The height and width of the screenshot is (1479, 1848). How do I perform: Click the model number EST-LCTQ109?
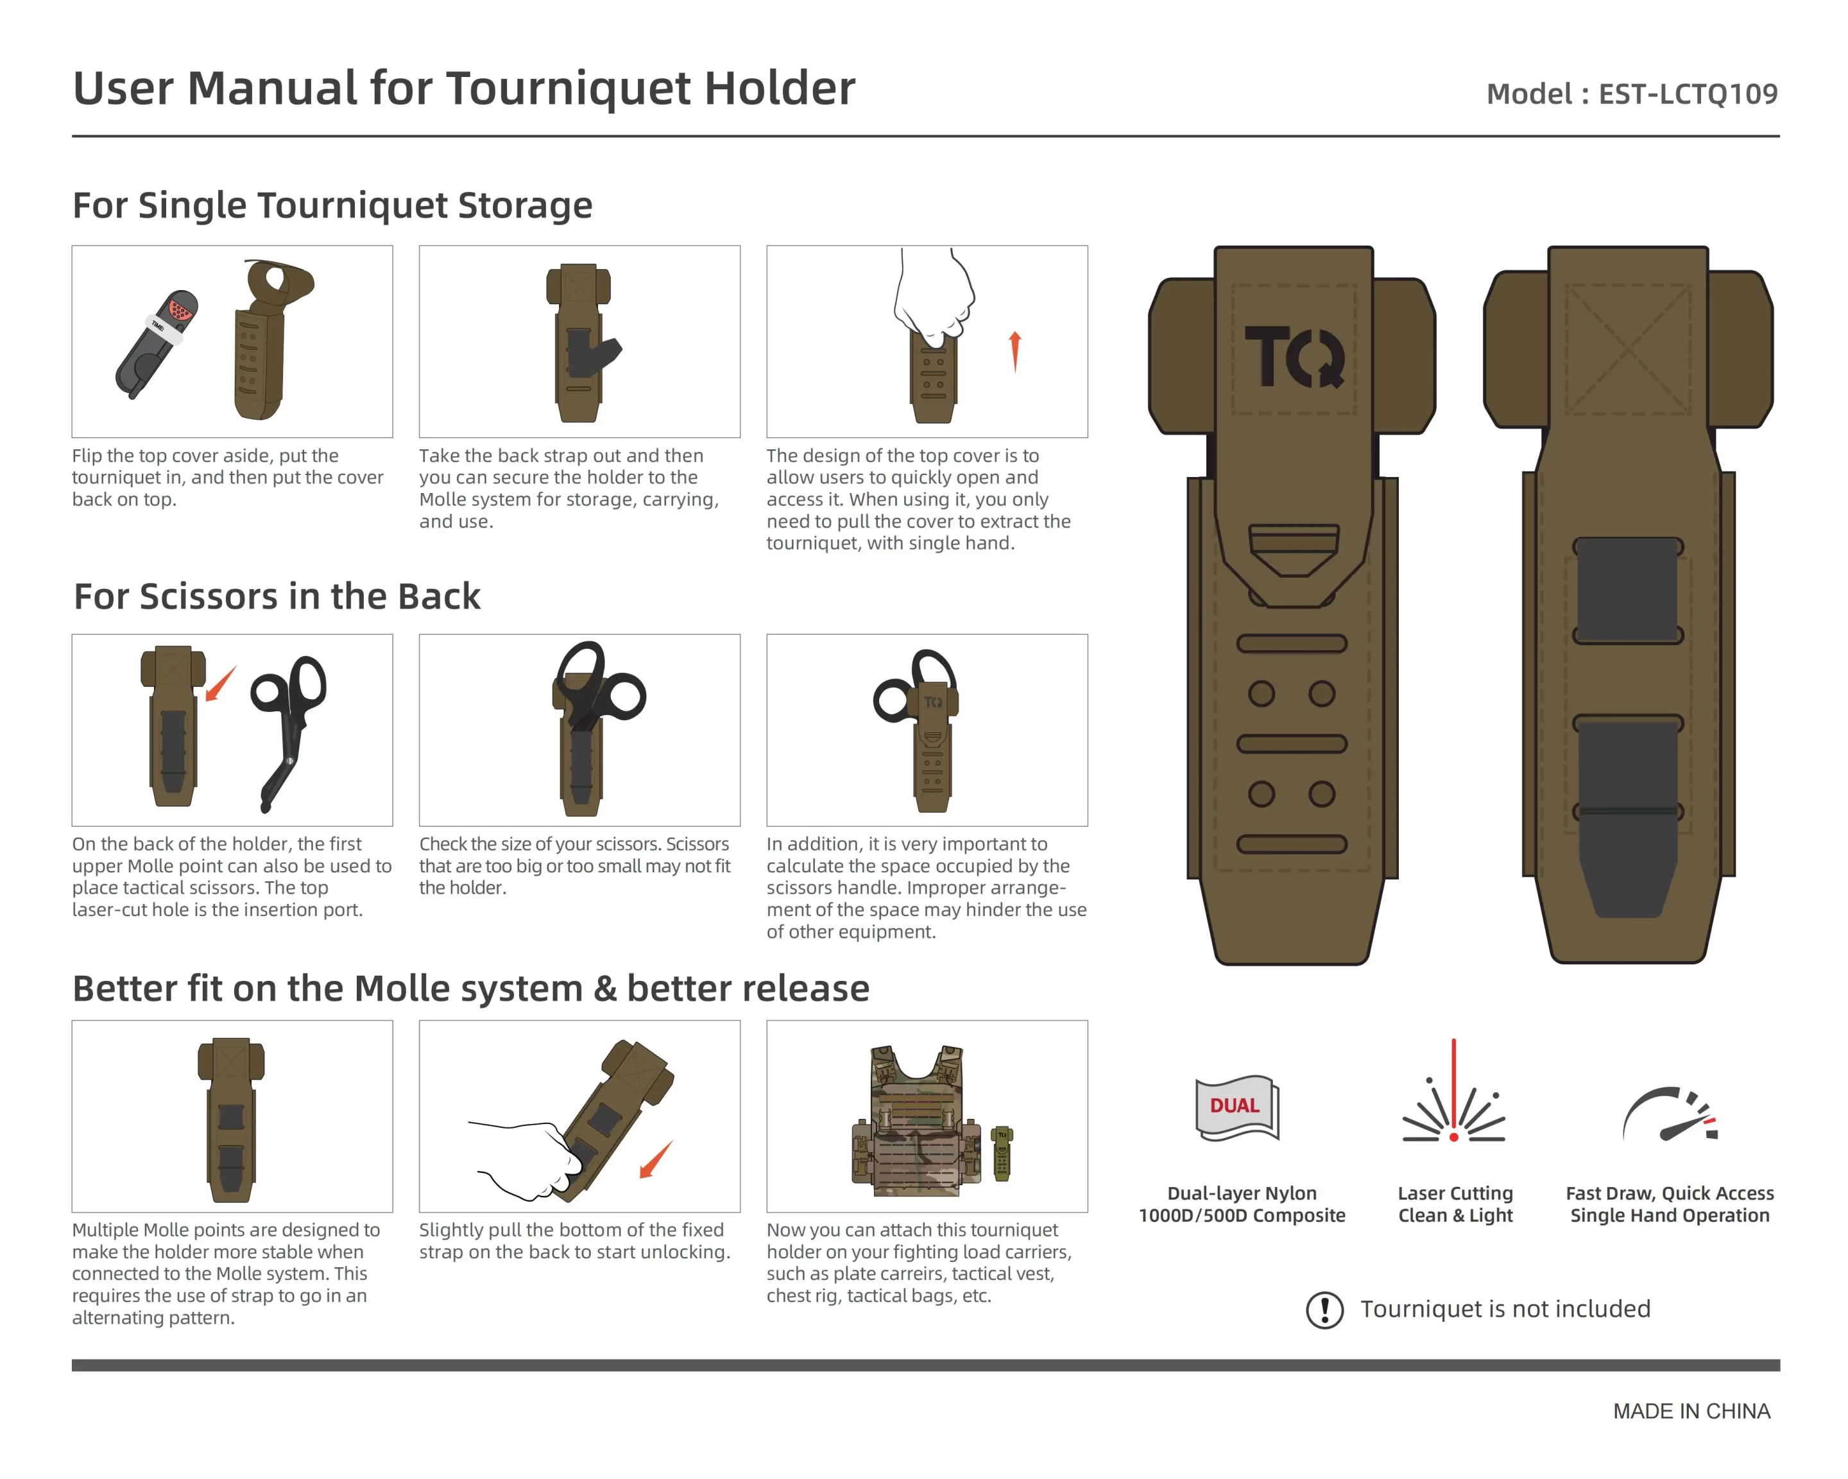1687,94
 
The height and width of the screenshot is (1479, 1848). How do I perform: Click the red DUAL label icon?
1235,1106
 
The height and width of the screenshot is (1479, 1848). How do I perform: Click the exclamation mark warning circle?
1324,1310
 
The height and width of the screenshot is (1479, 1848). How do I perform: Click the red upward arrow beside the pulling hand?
1015,350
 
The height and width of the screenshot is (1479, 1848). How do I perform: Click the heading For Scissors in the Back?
277,597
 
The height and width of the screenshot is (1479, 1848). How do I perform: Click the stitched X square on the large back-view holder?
1627,349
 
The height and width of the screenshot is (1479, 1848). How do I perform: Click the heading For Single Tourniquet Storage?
332,206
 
